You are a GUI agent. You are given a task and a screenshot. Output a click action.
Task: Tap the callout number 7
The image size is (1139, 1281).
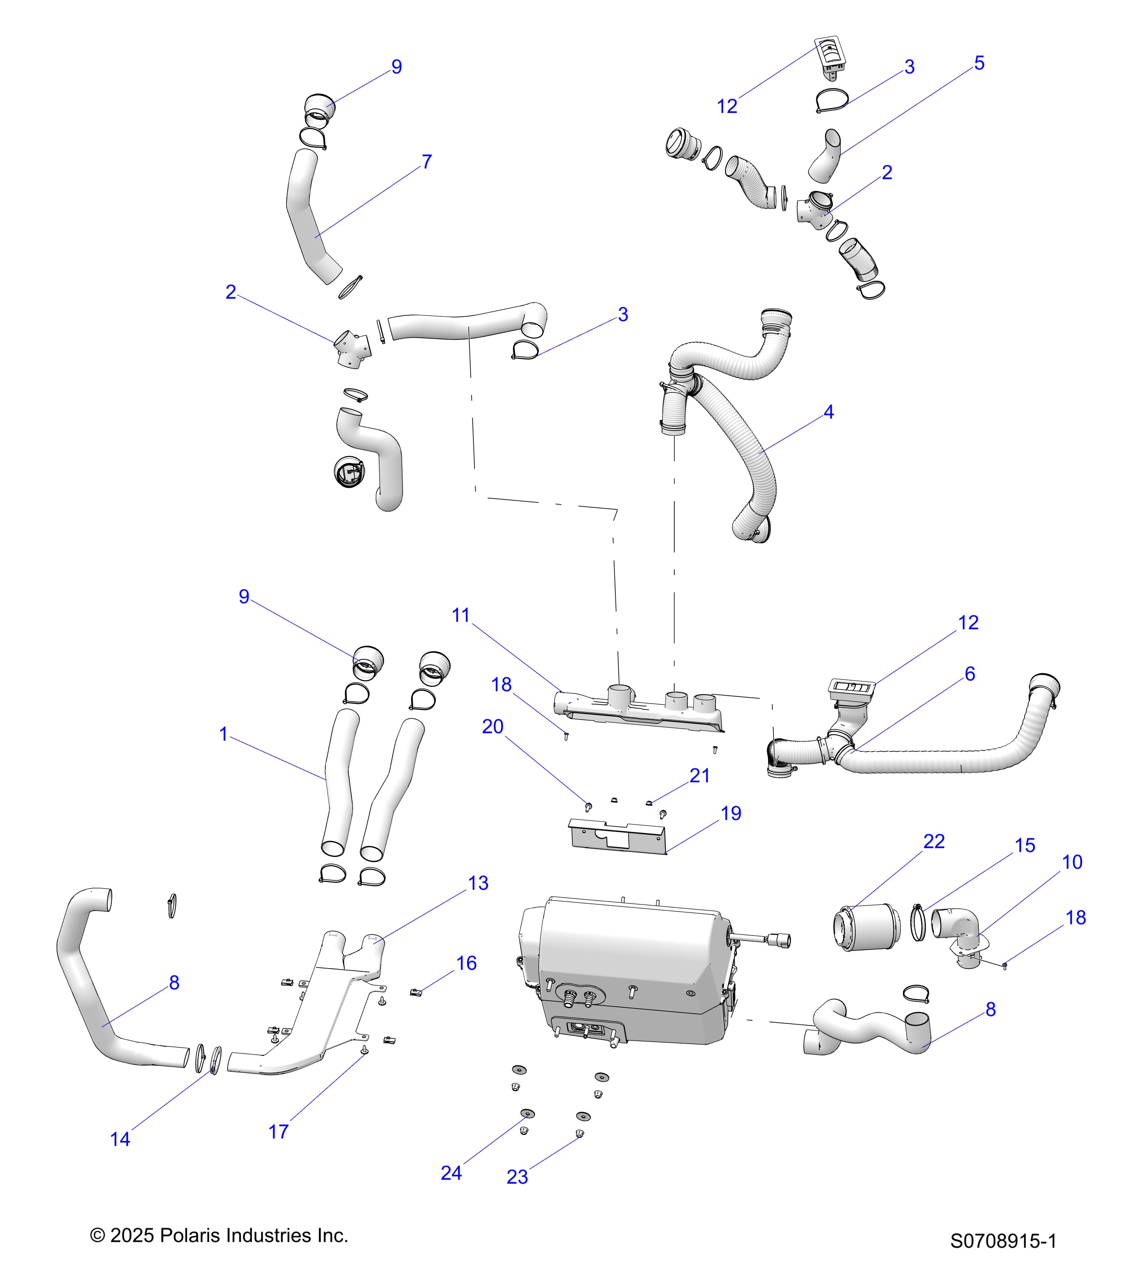427,162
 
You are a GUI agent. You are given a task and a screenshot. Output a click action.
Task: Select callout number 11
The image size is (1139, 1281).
461,616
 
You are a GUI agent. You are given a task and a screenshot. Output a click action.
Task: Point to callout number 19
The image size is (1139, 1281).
731,813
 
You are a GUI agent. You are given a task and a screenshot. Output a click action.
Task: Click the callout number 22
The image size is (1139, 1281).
934,842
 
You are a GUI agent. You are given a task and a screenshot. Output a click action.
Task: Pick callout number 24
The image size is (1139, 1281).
451,1173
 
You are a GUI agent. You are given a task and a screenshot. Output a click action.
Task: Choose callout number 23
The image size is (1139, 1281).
517,1177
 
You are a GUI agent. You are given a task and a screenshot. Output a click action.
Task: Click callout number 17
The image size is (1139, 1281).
278,1132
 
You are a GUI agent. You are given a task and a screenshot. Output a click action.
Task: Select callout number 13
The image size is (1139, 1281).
478,883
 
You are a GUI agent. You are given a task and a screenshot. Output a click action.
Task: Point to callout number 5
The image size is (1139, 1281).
979,63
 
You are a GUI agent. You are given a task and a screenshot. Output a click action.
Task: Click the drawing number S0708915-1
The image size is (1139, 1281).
1003,1241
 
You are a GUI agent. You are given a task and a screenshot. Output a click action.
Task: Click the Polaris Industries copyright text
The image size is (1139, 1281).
219,1235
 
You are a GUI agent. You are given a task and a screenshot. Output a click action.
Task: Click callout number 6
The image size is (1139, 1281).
969,674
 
